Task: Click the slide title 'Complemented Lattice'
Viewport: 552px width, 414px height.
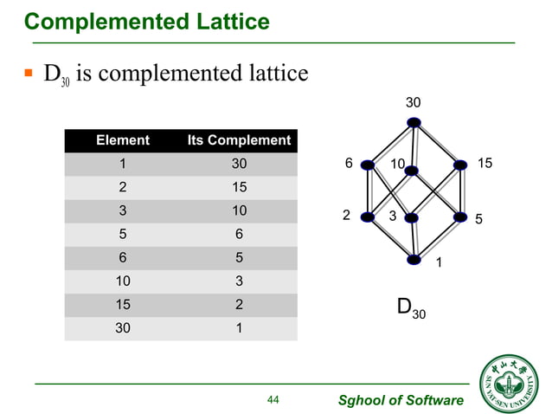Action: click(146, 20)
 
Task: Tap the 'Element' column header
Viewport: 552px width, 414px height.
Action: click(122, 139)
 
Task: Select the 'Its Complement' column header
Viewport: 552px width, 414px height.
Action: click(239, 139)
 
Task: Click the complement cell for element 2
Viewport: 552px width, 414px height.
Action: click(239, 187)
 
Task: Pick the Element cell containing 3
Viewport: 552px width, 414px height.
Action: click(122, 210)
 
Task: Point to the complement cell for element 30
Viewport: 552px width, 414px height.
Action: click(239, 328)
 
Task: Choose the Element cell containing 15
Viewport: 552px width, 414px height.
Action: click(122, 305)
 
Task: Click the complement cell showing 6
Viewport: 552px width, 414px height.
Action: click(239, 234)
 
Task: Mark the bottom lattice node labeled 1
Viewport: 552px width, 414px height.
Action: click(415, 258)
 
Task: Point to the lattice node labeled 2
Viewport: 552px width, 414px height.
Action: click(369, 217)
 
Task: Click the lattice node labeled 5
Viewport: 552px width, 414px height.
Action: click(459, 217)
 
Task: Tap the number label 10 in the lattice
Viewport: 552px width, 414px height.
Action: click(398, 164)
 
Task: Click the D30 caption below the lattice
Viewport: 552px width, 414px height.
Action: click(411, 308)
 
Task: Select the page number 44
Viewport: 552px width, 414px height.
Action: click(273, 399)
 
